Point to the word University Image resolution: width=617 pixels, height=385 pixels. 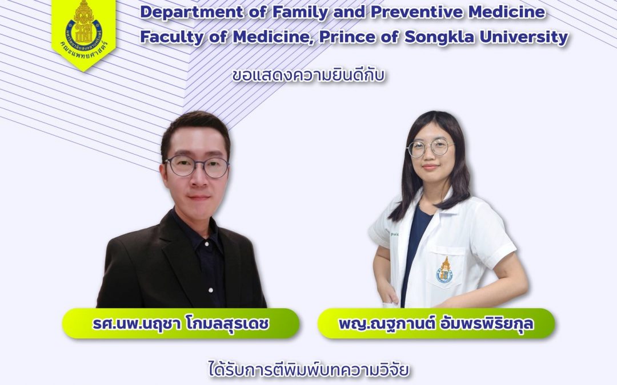[x=527, y=37]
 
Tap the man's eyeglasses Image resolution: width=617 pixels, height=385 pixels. [x=197, y=166]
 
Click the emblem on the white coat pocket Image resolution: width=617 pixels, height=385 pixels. [x=444, y=270]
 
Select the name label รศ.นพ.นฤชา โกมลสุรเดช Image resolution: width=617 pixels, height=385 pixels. [x=181, y=324]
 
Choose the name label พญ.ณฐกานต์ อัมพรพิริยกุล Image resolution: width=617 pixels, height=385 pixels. [x=436, y=324]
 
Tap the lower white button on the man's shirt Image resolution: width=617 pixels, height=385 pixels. [x=211, y=290]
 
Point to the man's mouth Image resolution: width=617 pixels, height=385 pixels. [x=199, y=197]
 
